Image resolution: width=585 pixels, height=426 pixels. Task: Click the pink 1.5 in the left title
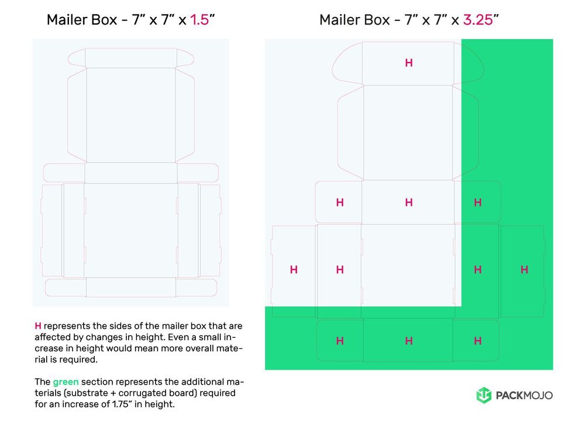point(200,19)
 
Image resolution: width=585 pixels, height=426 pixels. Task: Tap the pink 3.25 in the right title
point(477,19)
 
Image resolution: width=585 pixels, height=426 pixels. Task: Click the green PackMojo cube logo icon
point(484,396)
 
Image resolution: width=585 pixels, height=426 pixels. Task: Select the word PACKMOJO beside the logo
point(524,396)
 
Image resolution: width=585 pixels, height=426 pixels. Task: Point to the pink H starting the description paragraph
point(38,325)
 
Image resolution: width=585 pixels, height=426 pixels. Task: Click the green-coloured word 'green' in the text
point(66,382)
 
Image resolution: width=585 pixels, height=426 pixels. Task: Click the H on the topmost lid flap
point(409,63)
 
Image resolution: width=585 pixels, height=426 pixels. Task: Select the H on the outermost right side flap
point(524,269)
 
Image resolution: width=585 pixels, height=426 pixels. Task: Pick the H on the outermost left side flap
point(294,269)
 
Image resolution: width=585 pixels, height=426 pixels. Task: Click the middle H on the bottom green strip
point(409,341)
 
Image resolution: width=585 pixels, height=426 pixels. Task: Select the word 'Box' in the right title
point(376,19)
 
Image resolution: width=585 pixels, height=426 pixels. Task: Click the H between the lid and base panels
point(409,202)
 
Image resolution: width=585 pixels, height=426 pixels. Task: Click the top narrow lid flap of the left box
point(131,57)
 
